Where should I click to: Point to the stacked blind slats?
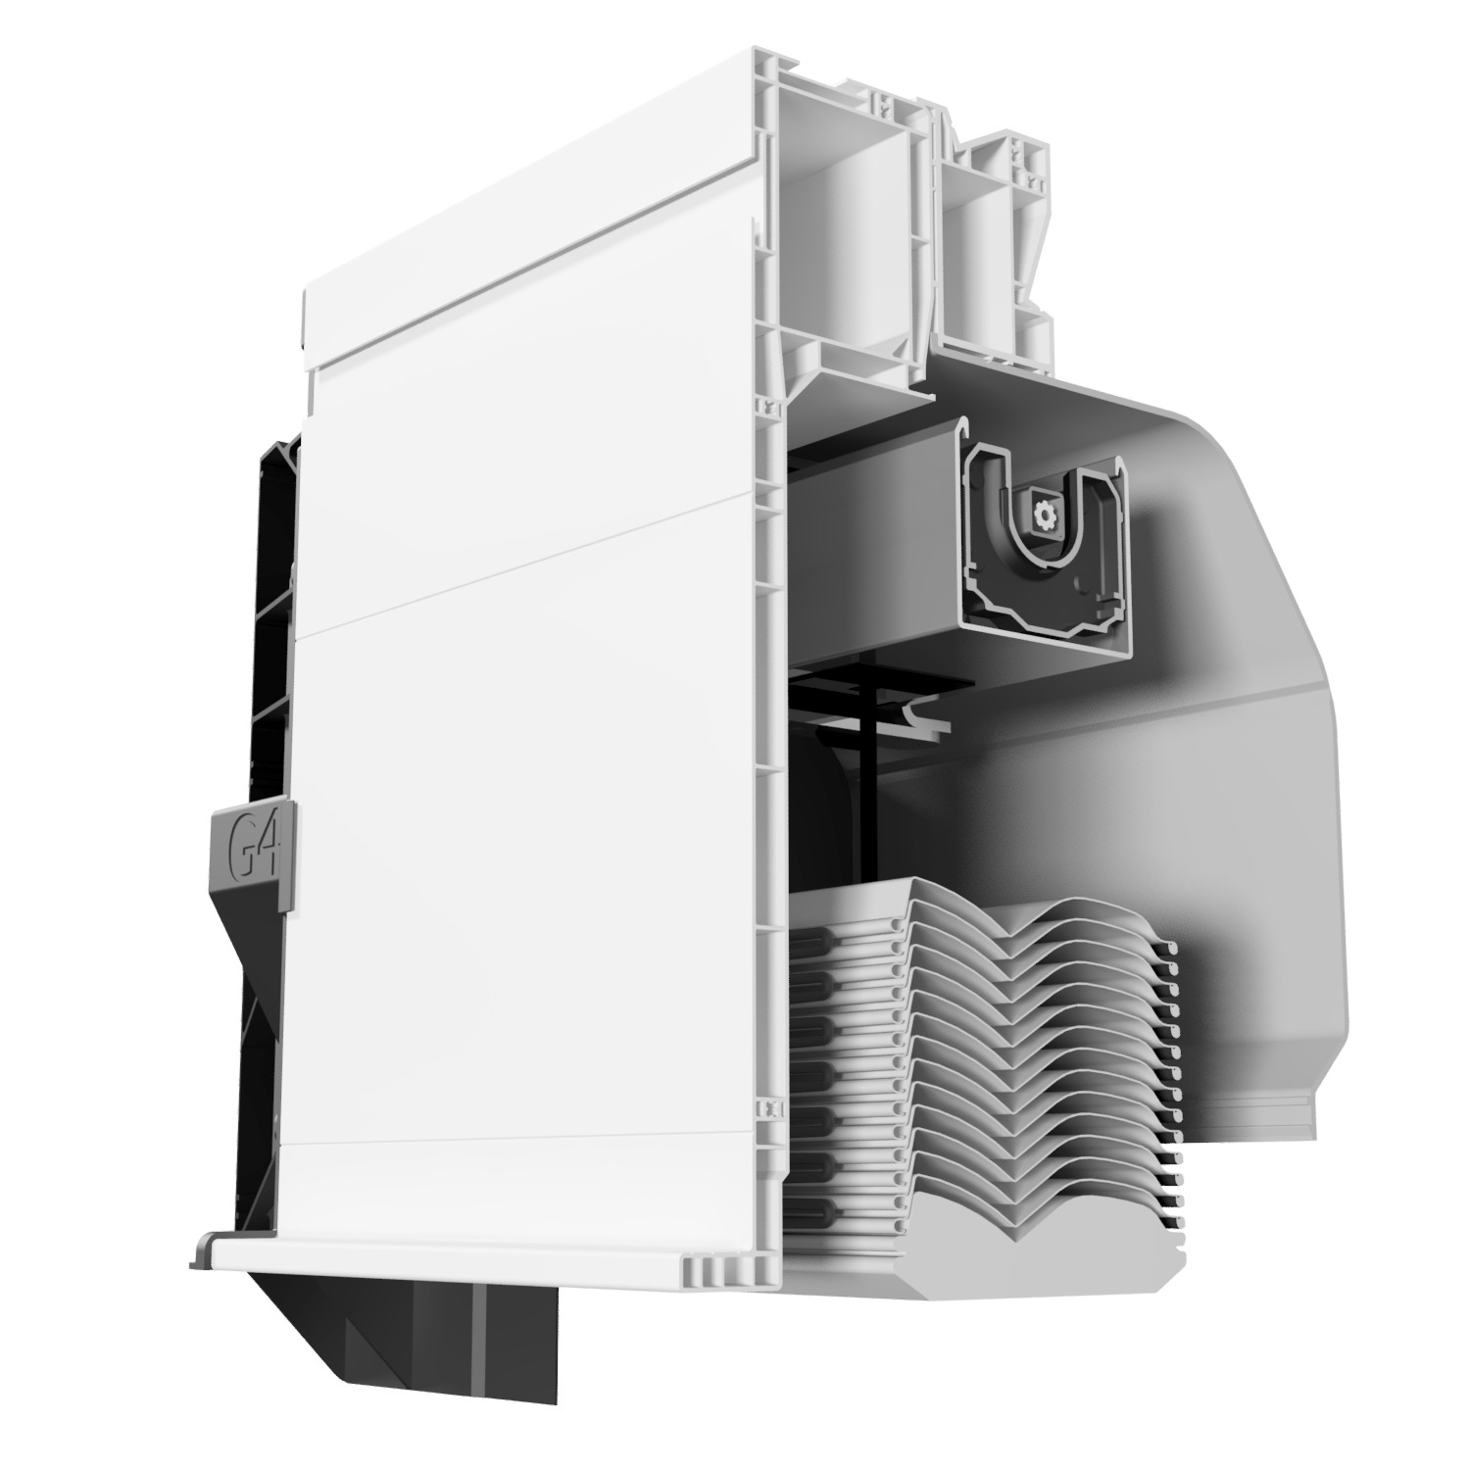(x=980, y=1029)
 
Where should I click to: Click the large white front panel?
(x=529, y=784)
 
